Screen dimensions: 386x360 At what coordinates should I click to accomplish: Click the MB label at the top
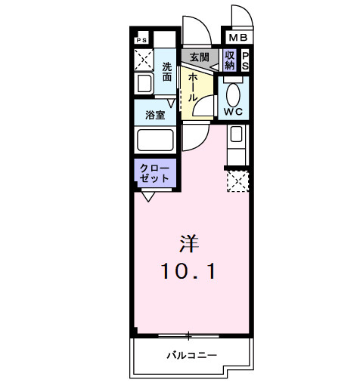238,37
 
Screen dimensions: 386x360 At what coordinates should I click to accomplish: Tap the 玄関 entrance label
199,57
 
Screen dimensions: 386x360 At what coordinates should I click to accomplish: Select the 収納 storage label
230,60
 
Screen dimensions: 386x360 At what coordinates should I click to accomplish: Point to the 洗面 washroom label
168,71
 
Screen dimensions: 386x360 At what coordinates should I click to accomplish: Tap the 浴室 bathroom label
155,116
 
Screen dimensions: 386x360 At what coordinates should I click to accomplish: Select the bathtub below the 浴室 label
154,141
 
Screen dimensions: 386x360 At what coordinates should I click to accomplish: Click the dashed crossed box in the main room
237,181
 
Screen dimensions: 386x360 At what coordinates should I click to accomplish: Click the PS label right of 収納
246,60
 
